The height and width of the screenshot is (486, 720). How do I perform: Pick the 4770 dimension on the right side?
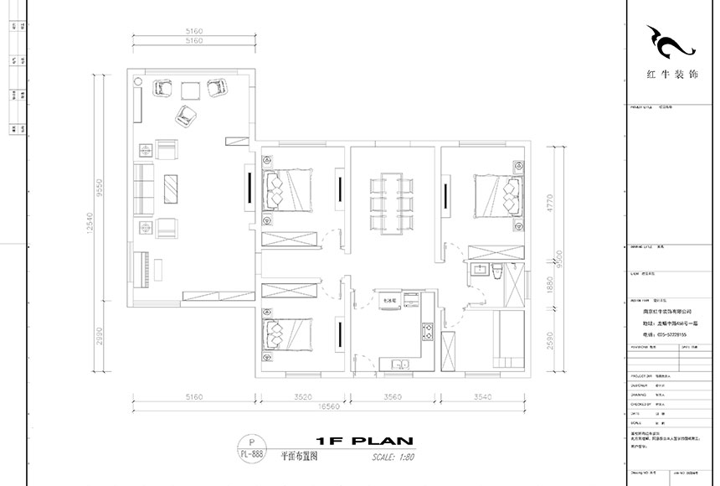549,201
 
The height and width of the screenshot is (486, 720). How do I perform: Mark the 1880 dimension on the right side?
549,285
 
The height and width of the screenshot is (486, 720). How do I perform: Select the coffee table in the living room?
172,189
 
